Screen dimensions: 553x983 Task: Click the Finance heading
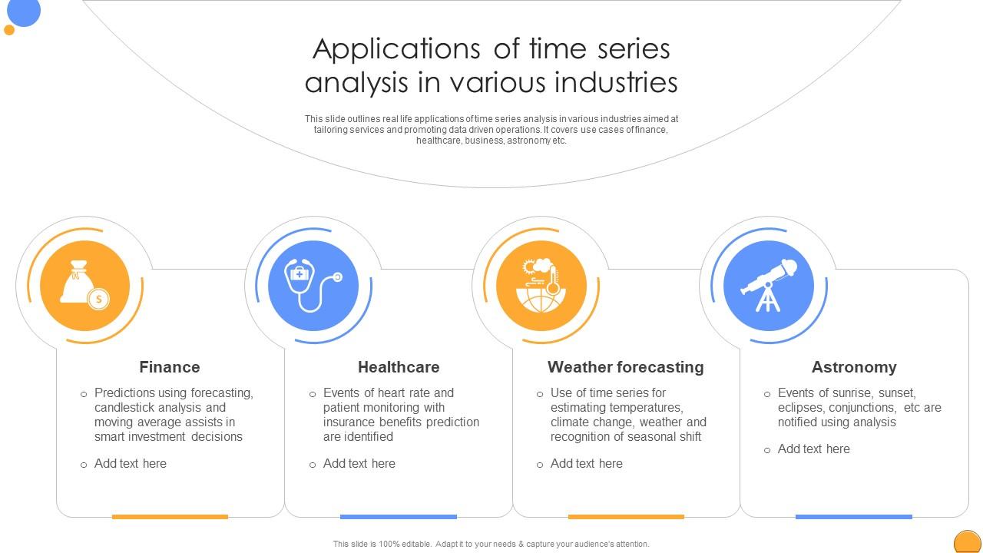169,367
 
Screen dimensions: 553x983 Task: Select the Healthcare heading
399,367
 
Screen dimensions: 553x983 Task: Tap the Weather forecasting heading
625,367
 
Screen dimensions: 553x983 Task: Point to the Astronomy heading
853,367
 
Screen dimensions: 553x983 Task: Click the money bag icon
84,286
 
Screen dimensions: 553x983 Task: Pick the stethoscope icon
313,286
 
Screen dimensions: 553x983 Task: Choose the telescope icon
768,286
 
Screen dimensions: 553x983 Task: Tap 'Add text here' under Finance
130,464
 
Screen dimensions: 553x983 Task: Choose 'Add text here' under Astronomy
813,449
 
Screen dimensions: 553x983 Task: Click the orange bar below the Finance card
170,517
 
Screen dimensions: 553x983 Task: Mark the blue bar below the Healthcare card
398,517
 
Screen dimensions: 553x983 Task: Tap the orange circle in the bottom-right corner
967,542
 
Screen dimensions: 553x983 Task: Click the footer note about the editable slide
491,544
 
